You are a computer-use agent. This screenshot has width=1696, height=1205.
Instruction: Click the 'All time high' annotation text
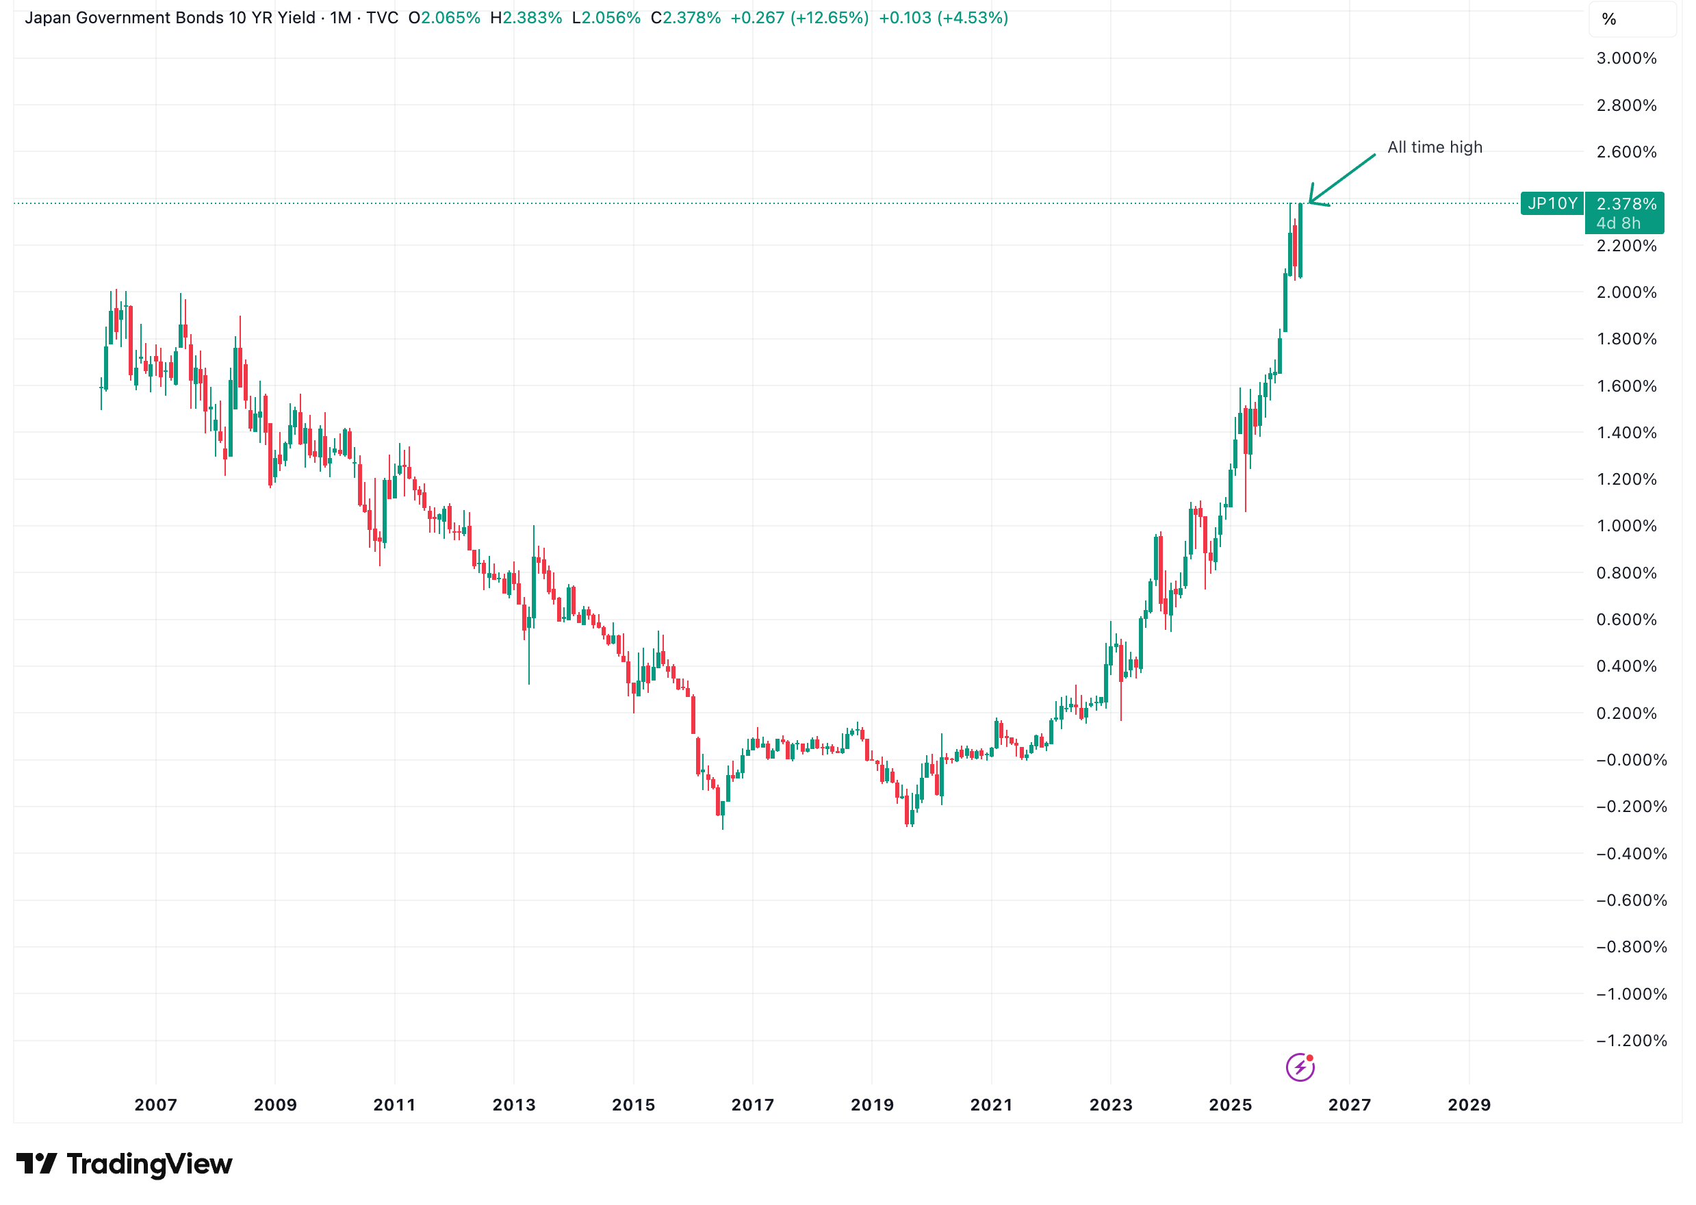coord(1435,147)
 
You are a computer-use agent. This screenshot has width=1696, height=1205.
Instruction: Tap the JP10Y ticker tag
coord(1552,203)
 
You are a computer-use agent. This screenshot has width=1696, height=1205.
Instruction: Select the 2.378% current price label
coord(1626,203)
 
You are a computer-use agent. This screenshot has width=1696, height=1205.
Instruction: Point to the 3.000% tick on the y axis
coord(1626,59)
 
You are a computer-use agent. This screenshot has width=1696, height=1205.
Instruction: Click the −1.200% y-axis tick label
coord(1630,1040)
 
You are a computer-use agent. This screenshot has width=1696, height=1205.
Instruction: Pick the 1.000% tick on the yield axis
coord(1626,526)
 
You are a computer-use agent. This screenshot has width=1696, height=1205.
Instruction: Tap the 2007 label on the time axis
coord(156,1105)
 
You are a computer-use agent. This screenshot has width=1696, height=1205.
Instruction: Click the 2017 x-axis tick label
coord(753,1105)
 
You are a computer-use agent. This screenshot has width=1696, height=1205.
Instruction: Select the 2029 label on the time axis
coord(1468,1105)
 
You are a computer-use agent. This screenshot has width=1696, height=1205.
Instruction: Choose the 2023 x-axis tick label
coord(1110,1105)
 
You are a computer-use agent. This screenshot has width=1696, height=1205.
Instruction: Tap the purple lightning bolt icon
coord(1299,1068)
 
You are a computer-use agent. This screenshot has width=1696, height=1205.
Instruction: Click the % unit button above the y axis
coord(1608,19)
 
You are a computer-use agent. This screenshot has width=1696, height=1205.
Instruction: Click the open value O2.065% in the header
coord(444,18)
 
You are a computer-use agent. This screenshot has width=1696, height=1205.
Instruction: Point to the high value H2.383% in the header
coord(526,18)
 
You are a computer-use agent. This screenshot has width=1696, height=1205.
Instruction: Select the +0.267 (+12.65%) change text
coord(799,18)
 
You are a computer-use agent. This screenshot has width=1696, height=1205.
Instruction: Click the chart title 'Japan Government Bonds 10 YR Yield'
coord(170,18)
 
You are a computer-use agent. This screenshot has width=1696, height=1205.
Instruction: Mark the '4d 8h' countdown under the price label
coord(1618,223)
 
